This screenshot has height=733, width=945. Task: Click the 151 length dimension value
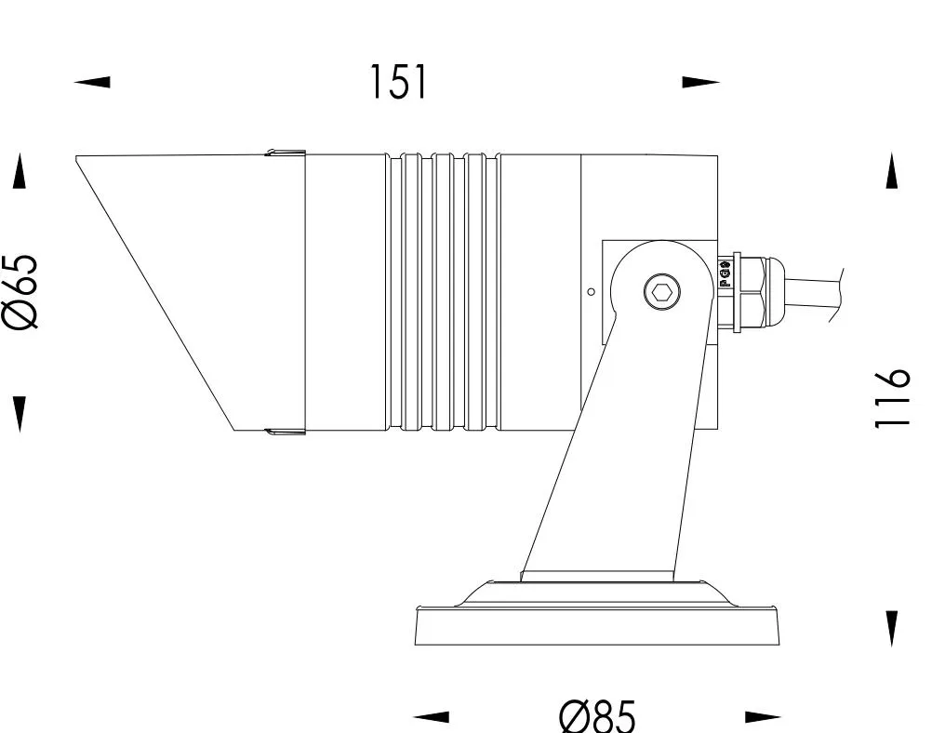coord(399,82)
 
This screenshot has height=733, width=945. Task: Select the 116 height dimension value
coord(892,398)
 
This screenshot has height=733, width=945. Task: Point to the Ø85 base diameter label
coord(597,716)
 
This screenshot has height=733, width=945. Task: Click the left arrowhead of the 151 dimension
coord(92,82)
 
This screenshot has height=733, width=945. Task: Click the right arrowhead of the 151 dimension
coord(700,82)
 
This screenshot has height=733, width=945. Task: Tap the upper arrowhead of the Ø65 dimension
coord(20,171)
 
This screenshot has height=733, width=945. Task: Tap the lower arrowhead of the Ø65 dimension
coord(20,413)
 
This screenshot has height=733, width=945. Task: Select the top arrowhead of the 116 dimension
coord(892,170)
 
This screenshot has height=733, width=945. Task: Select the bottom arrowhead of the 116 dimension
coord(892,628)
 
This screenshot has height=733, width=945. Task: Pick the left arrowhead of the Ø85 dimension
coord(432,716)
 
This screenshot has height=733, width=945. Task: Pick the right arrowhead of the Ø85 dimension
coord(763,716)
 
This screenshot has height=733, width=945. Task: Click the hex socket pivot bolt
coord(662,293)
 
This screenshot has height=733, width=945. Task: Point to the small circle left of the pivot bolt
coord(592,292)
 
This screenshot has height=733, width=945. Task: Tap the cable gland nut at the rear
coord(749,291)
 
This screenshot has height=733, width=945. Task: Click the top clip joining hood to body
coord(285,152)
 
